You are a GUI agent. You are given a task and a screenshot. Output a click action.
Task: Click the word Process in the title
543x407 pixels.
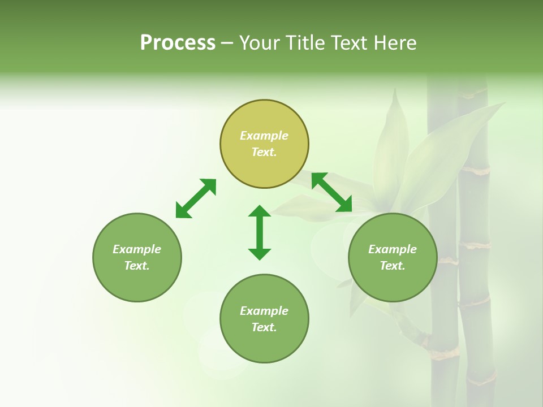point(178,43)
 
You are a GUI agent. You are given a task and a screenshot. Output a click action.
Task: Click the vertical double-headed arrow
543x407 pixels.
point(260,232)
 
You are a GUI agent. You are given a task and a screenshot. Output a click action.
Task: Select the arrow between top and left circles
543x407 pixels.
point(196,198)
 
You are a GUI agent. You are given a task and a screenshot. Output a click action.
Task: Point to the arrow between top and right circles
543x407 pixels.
point(331,192)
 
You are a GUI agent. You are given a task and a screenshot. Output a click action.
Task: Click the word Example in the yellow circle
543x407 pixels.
point(264,136)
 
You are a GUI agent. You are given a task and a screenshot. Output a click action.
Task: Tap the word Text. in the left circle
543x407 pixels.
point(137,266)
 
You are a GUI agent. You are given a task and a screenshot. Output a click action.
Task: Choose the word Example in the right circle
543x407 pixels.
point(393,249)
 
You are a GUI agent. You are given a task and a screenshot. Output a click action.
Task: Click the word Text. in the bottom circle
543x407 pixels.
point(264,327)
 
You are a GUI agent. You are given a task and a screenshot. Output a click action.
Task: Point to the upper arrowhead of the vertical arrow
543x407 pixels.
point(260,212)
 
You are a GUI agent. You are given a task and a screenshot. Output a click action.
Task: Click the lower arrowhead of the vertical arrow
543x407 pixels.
point(260,253)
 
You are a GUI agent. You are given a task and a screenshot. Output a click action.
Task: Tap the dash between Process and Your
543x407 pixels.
point(227,43)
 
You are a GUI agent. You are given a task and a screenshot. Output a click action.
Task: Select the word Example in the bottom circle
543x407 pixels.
point(264,311)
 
